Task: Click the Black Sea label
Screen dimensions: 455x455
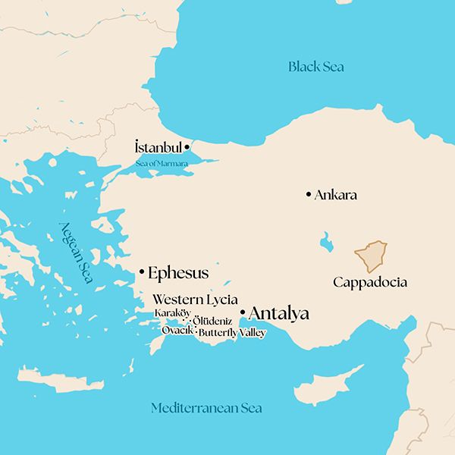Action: click(315, 67)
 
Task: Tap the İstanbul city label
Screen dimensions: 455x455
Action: click(158, 146)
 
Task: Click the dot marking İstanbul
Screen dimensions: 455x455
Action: click(187, 146)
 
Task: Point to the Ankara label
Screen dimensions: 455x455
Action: click(336, 195)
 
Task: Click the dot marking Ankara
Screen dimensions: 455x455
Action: click(308, 195)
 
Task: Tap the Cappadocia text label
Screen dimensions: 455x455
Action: click(370, 282)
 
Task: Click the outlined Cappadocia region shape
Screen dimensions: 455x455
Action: click(372, 256)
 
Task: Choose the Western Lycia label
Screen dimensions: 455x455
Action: click(195, 299)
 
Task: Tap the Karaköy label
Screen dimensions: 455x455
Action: click(172, 313)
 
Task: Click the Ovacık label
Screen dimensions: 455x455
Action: click(177, 330)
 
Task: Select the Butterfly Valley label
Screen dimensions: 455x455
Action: click(232, 332)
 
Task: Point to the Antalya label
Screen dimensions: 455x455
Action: click(278, 312)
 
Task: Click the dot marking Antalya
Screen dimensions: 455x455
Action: click(242, 312)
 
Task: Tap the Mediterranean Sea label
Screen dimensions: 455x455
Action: click(206, 408)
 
